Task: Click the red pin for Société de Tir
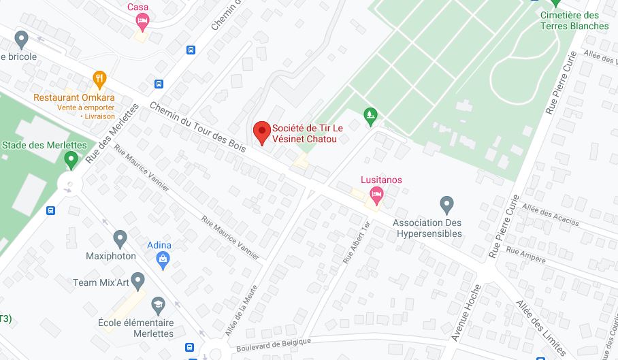261,131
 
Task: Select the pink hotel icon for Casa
142,22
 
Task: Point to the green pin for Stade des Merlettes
71,161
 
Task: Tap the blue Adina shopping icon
163,259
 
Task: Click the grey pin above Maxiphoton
120,239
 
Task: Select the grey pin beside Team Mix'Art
138,280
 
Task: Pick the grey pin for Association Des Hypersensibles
446,203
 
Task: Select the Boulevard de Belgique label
274,345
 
